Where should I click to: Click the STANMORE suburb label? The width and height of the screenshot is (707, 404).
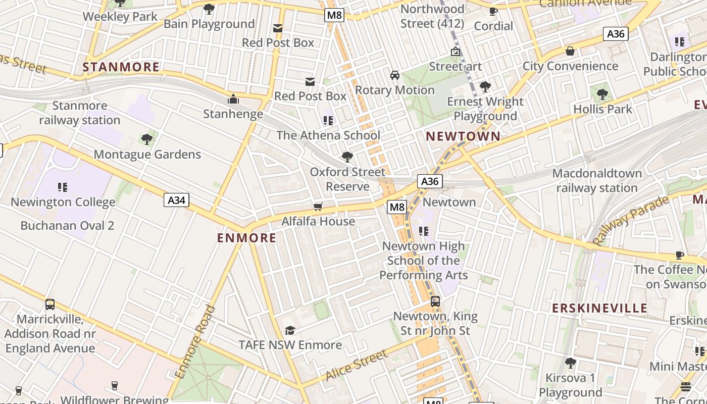[121, 67]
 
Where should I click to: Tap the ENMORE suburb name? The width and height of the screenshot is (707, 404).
[246, 238]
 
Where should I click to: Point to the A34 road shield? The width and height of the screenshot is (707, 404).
[176, 200]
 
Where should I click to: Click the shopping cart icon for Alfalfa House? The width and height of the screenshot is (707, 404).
[318, 207]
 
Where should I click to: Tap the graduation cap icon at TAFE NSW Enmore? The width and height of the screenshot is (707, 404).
[290, 330]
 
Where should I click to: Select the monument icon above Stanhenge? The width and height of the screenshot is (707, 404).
[233, 98]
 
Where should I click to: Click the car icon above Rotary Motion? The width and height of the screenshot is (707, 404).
[395, 75]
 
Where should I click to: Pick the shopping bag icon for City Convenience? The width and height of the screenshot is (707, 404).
[570, 51]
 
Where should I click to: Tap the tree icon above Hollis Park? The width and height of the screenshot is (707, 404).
[602, 94]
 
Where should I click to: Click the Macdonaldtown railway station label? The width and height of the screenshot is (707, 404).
[597, 181]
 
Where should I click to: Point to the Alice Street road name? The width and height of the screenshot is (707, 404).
[356, 366]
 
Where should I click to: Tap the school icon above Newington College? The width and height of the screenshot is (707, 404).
[63, 187]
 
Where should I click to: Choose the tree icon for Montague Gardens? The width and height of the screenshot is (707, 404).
[147, 139]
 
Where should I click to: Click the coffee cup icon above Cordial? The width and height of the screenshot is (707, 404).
[493, 11]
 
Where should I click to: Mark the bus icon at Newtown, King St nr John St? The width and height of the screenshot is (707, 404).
[435, 301]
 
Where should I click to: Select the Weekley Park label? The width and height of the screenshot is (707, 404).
[120, 16]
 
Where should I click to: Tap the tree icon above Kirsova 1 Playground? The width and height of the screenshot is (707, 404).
[570, 363]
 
